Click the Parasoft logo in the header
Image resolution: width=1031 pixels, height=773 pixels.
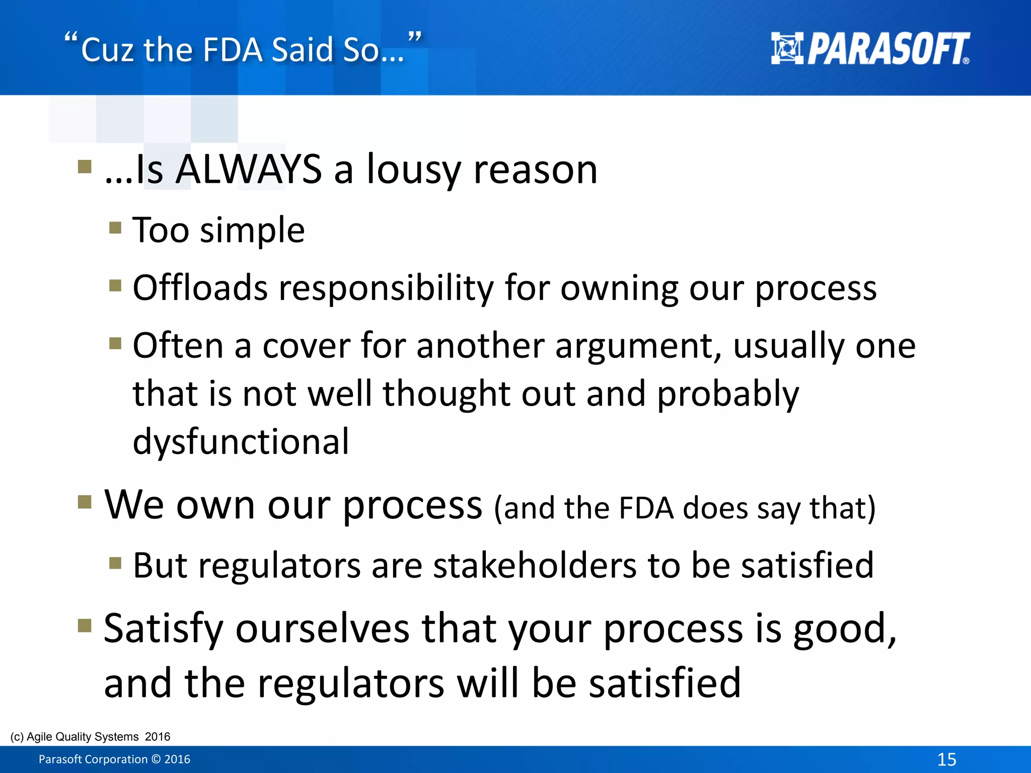[870, 49]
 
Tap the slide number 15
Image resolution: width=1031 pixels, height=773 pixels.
[946, 759]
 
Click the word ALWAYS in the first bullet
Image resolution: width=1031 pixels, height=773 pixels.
[249, 169]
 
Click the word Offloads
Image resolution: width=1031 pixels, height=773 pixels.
[200, 288]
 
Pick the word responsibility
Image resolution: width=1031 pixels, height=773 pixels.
[386, 289]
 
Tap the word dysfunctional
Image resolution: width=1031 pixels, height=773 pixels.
[241, 442]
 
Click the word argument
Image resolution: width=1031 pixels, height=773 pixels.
[638, 347]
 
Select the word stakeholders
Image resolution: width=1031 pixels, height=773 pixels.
[535, 565]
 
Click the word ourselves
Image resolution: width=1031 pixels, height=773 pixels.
[323, 629]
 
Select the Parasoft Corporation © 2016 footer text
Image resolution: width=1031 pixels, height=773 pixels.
[114, 759]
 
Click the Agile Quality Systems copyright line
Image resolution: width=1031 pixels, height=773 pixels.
[90, 736]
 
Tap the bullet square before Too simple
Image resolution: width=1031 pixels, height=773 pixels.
[115, 228]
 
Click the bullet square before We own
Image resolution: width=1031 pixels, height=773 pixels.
[85, 502]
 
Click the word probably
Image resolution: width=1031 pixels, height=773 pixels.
[727, 395]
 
